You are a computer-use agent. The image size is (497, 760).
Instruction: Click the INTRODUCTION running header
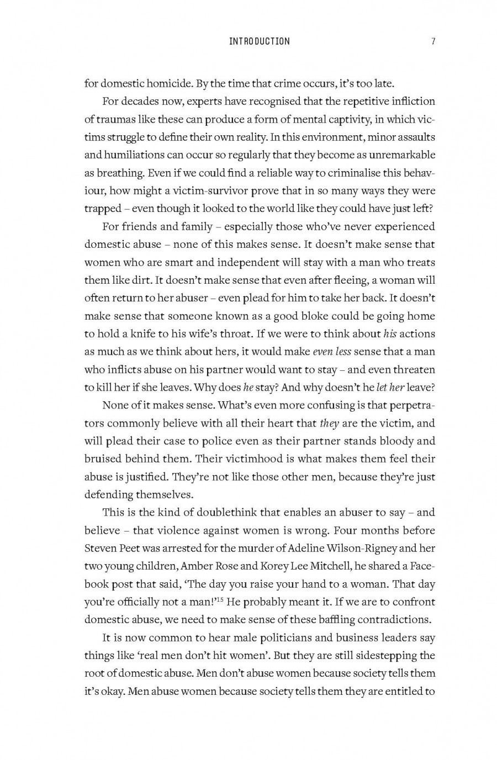(x=259, y=41)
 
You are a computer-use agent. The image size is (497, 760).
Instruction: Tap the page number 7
(x=434, y=41)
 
